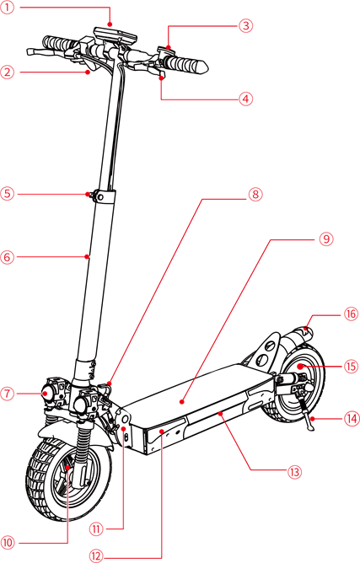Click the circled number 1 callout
[7, 8]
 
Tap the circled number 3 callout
[245, 26]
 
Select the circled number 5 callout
[8, 194]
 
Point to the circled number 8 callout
[255, 194]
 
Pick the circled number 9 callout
[326, 239]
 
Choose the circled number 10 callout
[8, 543]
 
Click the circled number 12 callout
[96, 556]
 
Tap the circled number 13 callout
[294, 472]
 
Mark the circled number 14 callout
[352, 418]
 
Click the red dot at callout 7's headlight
[45, 394]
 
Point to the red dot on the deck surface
[183, 401]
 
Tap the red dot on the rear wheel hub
[299, 367]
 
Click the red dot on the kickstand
[313, 418]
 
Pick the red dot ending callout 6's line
[87, 256]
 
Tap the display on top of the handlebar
[116, 34]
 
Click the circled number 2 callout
[8, 72]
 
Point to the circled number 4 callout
[245, 99]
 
